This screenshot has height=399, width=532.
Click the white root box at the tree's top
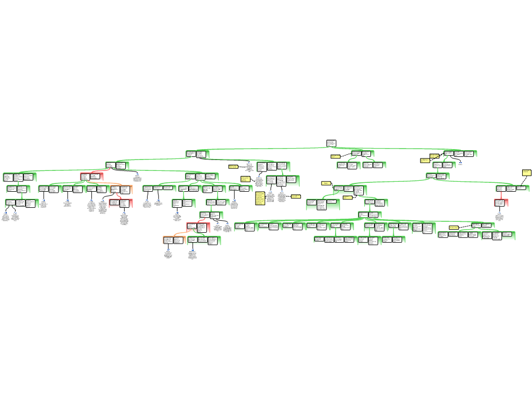(x=331, y=143)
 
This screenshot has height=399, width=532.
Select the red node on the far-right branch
(x=501, y=203)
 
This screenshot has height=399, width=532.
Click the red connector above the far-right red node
(x=501, y=195)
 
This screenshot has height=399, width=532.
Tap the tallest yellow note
(x=260, y=198)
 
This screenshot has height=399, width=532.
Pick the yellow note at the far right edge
(x=526, y=172)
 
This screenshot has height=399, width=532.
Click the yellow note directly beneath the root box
(x=336, y=156)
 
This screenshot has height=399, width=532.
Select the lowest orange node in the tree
(x=174, y=240)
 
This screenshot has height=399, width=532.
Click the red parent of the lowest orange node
(x=198, y=227)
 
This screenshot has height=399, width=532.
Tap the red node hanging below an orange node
(x=121, y=203)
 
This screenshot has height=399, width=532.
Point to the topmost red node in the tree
(x=91, y=177)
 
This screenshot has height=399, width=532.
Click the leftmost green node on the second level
(x=197, y=154)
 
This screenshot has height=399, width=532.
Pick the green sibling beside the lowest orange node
(x=204, y=240)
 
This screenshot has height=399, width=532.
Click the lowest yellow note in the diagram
(x=454, y=228)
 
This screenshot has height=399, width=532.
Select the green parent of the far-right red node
(x=512, y=189)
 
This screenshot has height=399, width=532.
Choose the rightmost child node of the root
(x=460, y=154)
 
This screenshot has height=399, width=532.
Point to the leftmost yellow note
(x=233, y=167)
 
